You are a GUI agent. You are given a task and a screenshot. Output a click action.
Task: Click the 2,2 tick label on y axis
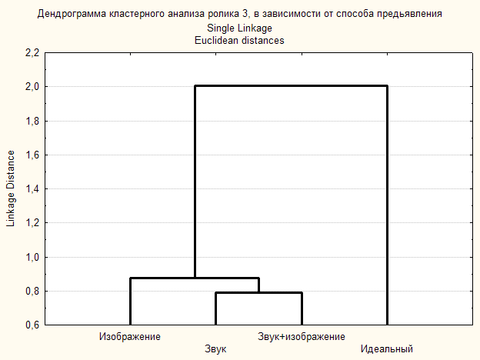(x=32, y=53)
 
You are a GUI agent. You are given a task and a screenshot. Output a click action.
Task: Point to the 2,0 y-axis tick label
(x=32, y=87)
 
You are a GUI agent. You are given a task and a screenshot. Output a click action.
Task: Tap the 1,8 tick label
(x=32, y=121)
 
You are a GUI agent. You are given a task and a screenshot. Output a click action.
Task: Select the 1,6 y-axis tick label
(x=32, y=155)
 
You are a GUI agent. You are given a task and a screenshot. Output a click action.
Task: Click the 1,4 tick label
(x=32, y=188)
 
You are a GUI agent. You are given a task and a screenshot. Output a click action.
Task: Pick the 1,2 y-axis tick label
(x=32, y=223)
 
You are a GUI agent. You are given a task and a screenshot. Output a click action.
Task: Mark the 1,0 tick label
(x=32, y=257)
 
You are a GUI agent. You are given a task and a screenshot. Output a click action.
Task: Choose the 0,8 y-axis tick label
(x=32, y=291)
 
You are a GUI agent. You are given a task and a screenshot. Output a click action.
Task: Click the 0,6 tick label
(x=32, y=325)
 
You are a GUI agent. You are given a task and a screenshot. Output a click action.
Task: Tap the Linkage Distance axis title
(x=11, y=188)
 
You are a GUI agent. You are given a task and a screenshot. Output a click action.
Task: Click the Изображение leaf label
(x=129, y=337)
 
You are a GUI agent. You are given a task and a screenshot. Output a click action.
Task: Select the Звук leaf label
(x=215, y=350)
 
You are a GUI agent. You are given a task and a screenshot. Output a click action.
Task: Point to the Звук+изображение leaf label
(x=302, y=337)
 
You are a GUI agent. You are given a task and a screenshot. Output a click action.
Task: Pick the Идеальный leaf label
(x=387, y=350)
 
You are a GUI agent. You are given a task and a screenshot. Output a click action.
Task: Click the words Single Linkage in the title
(x=239, y=28)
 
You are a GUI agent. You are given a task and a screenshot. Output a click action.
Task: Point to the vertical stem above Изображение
(x=130, y=301)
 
